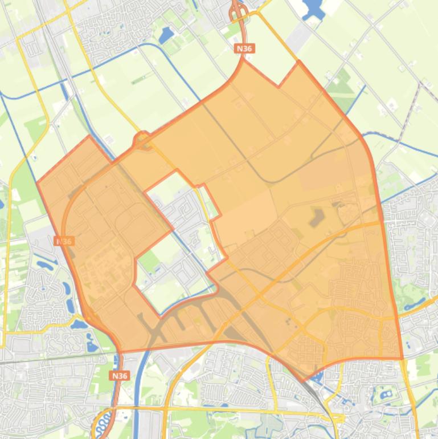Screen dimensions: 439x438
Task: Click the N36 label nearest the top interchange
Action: (244, 49)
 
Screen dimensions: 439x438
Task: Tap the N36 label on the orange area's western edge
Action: (64, 241)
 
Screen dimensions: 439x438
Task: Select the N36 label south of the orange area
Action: (120, 376)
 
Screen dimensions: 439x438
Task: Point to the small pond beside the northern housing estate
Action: (166, 36)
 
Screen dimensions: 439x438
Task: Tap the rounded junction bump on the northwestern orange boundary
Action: (141, 139)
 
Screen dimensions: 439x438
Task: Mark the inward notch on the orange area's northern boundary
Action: (279, 86)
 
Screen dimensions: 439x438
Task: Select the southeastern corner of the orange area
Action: (402, 359)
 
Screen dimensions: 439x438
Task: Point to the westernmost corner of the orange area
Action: (38, 182)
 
